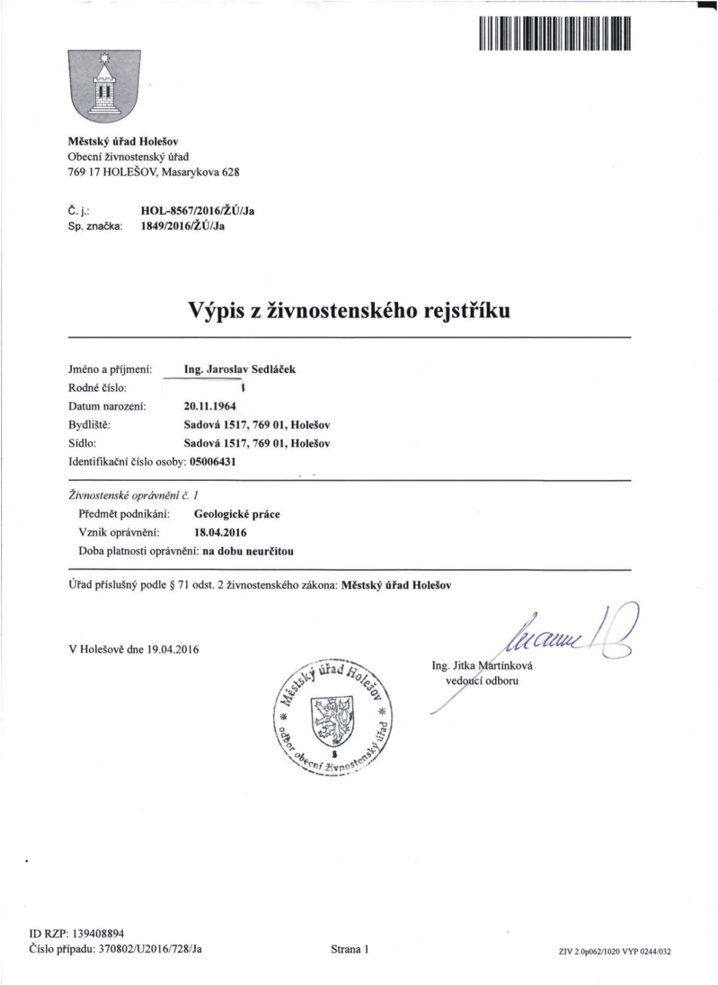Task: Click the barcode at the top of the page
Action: click(x=555, y=34)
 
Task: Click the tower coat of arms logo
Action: click(x=105, y=86)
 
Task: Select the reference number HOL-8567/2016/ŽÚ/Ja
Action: click(x=198, y=211)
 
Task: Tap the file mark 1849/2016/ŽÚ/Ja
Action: click(x=183, y=226)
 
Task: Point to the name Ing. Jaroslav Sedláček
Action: click(x=240, y=369)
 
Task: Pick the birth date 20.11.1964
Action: click(x=210, y=407)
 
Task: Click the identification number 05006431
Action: click(x=213, y=462)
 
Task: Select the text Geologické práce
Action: click(x=237, y=514)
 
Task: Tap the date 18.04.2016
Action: click(x=220, y=533)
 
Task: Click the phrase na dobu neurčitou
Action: click(x=248, y=551)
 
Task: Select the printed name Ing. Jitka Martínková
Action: click(x=482, y=666)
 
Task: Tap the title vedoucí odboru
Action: click(x=482, y=681)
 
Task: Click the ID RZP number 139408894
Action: click(x=98, y=934)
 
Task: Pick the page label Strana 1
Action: click(x=350, y=949)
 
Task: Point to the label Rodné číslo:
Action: click(x=98, y=388)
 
